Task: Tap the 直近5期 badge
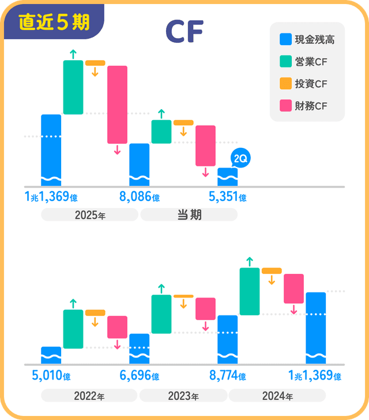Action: pos(54,22)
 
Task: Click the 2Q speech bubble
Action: pos(240,158)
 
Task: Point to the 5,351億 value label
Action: pos(227,197)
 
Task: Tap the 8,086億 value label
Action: pos(139,197)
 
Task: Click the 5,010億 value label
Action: pos(51,376)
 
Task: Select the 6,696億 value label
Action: pos(139,376)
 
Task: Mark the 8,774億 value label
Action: pos(227,376)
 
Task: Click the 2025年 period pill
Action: pos(89,215)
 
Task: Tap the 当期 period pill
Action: pos(189,215)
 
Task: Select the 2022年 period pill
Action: pos(89,396)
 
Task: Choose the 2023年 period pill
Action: pos(183,396)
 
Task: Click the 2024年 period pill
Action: pos(277,396)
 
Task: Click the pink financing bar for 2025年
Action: pos(117,105)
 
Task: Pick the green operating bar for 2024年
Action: pos(250,291)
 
